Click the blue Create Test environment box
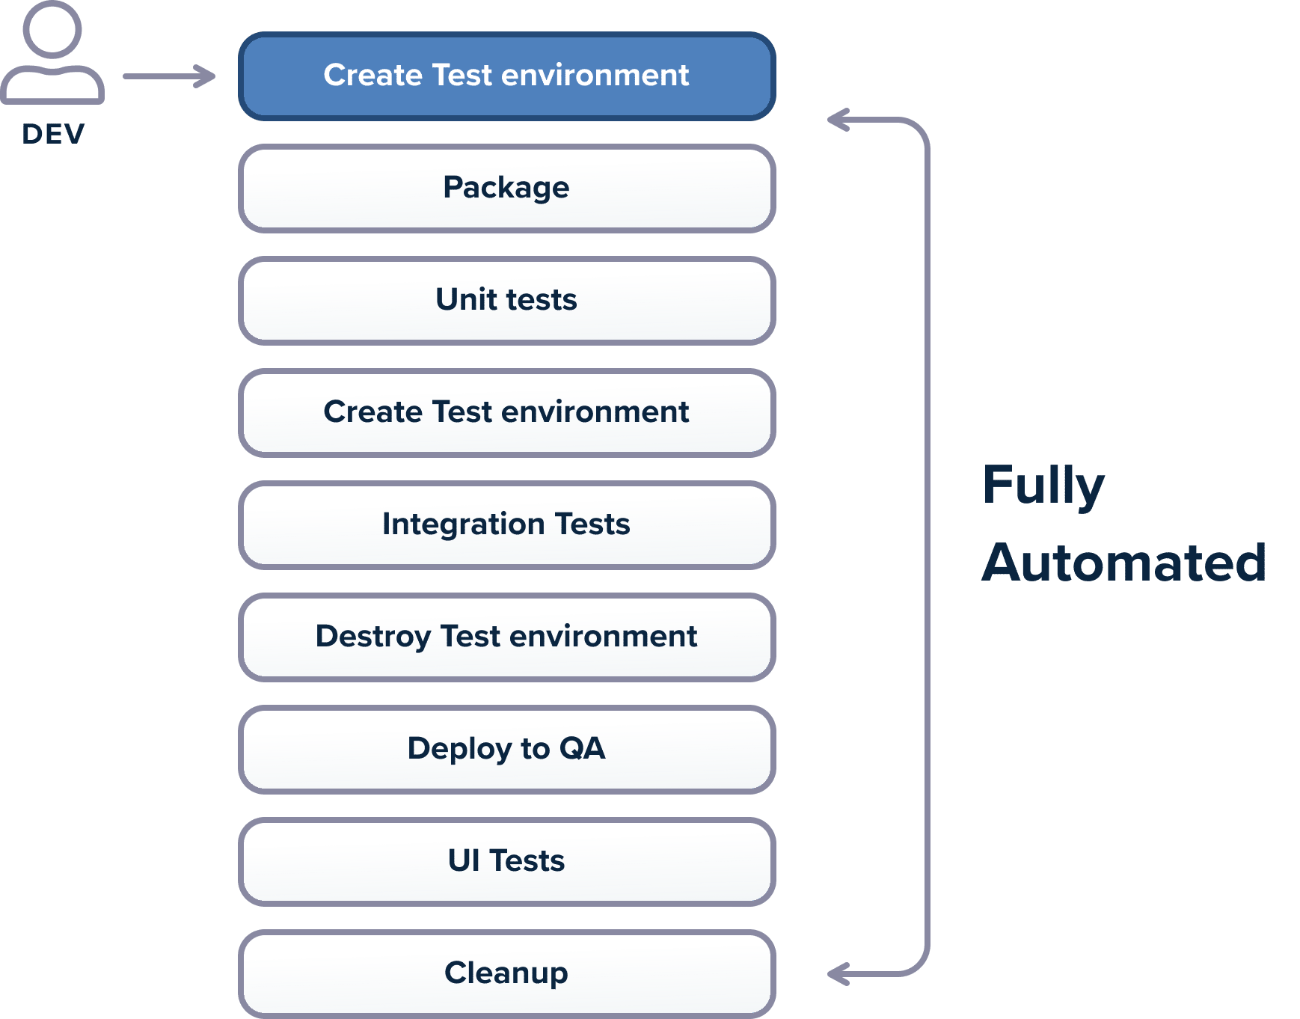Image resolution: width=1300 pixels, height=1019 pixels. (x=506, y=76)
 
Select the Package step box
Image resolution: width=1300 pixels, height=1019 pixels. (x=506, y=189)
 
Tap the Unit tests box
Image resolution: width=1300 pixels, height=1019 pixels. (x=506, y=301)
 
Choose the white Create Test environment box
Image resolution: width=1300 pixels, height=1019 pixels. (x=506, y=413)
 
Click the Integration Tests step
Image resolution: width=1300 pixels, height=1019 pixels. (x=506, y=525)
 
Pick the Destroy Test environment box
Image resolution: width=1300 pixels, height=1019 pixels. (x=506, y=637)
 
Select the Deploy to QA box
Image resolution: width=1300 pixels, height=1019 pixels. (x=506, y=750)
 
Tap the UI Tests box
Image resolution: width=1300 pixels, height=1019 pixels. (x=506, y=862)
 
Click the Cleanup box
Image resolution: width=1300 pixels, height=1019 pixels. (x=506, y=974)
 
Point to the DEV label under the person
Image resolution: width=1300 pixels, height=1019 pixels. (x=53, y=134)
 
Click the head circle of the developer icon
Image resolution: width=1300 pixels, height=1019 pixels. (x=52, y=28)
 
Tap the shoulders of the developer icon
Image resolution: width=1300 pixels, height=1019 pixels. (x=52, y=84)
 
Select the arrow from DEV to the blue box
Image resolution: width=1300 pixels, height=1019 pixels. (x=169, y=76)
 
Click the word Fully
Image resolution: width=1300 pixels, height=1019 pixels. (x=1043, y=486)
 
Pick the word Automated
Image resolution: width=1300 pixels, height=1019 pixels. (x=1123, y=563)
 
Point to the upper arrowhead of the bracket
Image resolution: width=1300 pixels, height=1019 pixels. (x=838, y=120)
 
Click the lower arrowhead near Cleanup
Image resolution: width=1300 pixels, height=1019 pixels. (x=838, y=974)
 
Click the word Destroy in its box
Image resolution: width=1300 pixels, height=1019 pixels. (x=372, y=637)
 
